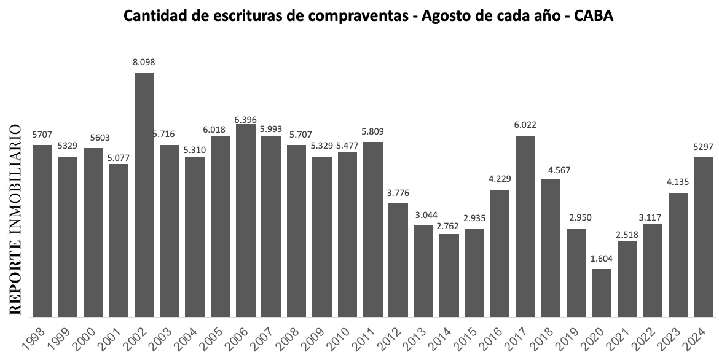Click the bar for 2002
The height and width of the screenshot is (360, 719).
pyautogui.click(x=144, y=194)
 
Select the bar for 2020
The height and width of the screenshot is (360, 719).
pyautogui.click(x=602, y=292)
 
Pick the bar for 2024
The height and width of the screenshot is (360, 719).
pyautogui.click(x=703, y=237)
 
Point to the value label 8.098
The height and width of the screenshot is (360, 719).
pyautogui.click(x=144, y=63)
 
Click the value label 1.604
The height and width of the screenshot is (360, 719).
pyautogui.click(x=602, y=259)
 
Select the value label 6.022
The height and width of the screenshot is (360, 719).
pyautogui.click(x=525, y=125)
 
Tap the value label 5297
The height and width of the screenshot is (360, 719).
pyautogui.click(x=703, y=147)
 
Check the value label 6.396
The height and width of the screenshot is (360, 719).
pyautogui.click(x=246, y=114)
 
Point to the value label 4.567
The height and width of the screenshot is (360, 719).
pyautogui.click(x=551, y=169)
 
